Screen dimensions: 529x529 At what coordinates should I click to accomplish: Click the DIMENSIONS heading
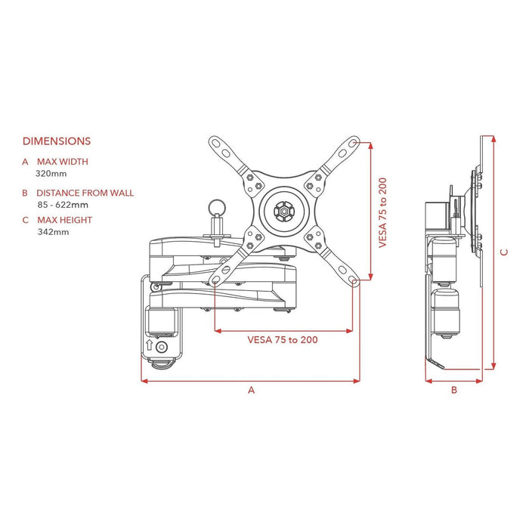[x=57, y=141]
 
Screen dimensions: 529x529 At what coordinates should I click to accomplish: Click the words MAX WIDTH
[x=62, y=162]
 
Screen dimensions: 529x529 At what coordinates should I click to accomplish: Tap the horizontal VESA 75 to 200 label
[x=283, y=339]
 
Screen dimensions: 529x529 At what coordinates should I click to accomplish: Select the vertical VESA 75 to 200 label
[x=383, y=214]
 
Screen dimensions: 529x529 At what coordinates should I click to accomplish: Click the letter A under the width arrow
[x=252, y=390]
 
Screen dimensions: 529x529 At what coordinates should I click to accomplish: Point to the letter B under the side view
[x=453, y=390]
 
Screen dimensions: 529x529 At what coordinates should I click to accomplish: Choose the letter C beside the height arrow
[x=504, y=253]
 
